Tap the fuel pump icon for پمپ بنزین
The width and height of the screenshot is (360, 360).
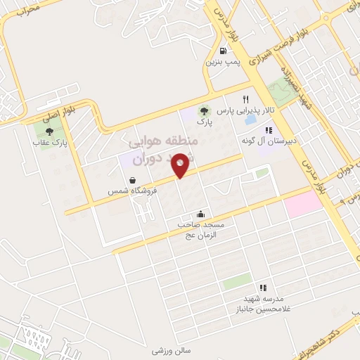coord(223,50)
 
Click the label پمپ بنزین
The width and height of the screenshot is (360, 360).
coord(223,63)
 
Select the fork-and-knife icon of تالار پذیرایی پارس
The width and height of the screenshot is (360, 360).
coord(245,99)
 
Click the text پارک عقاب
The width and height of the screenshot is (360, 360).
coord(49,143)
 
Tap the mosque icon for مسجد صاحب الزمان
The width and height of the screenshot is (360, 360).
coord(201,214)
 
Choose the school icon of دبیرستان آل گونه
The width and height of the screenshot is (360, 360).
coord(268,129)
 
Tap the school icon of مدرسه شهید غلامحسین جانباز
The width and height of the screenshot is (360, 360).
coord(262,287)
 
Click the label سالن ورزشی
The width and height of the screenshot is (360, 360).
coord(172,349)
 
